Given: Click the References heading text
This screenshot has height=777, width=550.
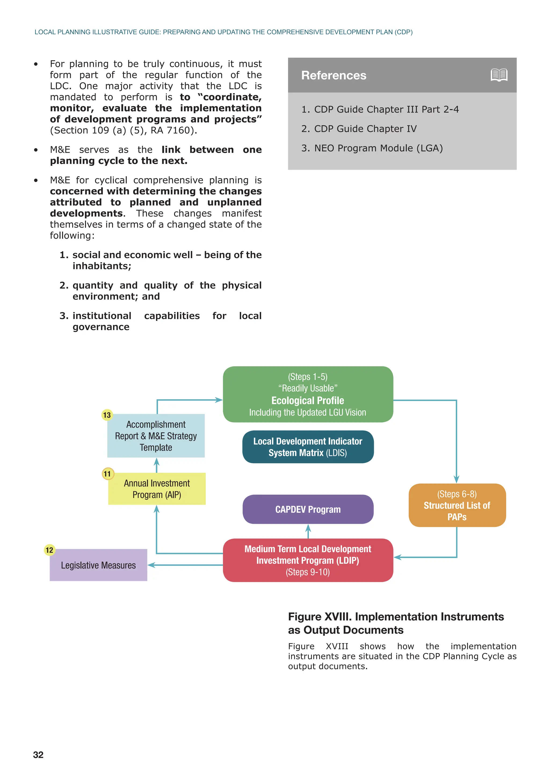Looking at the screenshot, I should (x=334, y=75).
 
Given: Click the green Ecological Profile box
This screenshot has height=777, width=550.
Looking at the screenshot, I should (x=307, y=394).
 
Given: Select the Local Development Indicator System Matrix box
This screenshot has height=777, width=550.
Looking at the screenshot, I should (x=307, y=447).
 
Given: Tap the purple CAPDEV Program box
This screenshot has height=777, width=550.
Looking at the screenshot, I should (x=307, y=509).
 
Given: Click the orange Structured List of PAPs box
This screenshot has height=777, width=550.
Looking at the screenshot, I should (x=457, y=505).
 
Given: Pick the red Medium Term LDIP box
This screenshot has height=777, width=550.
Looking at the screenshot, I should (x=307, y=560).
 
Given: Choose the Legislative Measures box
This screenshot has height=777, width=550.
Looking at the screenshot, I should (x=98, y=565).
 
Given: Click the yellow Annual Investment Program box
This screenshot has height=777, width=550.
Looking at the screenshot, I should (x=157, y=489).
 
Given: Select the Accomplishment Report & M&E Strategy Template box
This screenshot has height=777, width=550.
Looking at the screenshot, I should (x=156, y=436).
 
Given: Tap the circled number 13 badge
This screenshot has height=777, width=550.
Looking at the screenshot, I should (x=107, y=415).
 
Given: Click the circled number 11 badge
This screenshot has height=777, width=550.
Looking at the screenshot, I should (x=107, y=474).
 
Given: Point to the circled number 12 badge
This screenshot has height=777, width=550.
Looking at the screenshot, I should (x=49, y=550).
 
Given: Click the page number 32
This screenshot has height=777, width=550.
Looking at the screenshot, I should (x=38, y=755).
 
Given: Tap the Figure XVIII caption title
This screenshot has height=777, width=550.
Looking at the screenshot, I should (x=396, y=623).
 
